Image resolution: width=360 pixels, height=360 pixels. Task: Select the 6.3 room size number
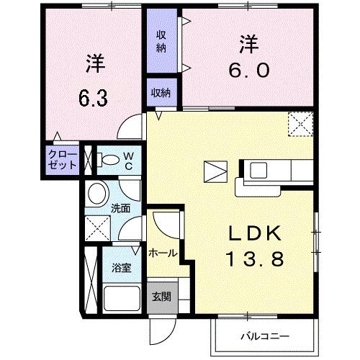click(93, 98)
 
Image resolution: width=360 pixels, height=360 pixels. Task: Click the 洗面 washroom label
click(120, 210)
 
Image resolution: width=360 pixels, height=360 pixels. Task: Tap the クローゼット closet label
click(61, 161)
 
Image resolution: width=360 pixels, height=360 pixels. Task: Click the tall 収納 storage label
click(161, 41)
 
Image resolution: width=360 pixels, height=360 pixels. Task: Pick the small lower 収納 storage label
click(161, 92)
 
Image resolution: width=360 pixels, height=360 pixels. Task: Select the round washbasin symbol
click(96, 193)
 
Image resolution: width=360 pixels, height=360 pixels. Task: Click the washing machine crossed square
click(96, 230)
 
